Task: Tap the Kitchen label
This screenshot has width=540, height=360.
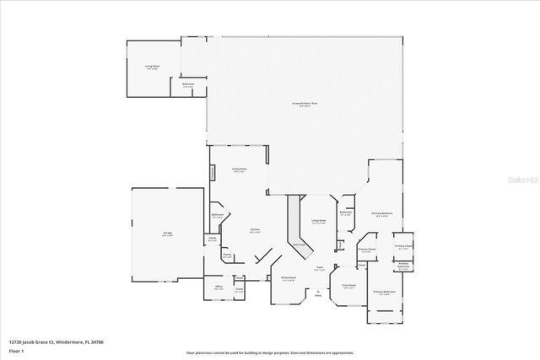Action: click(x=254, y=229)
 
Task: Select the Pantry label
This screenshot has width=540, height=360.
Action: click(x=227, y=255)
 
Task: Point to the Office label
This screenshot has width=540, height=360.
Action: click(x=219, y=287)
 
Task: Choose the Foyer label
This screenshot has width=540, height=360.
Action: click(x=319, y=267)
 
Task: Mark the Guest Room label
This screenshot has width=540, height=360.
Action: click(x=348, y=285)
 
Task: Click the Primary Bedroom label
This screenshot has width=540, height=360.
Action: click(x=382, y=214)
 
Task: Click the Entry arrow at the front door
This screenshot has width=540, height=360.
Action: click(x=318, y=294)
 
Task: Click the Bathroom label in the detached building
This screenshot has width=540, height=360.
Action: click(x=189, y=83)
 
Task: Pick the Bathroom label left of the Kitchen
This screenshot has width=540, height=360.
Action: click(x=218, y=215)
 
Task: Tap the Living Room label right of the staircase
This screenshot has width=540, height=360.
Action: click(x=318, y=221)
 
